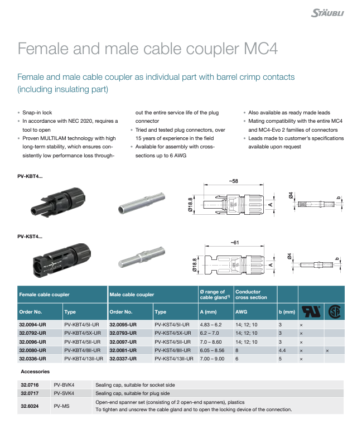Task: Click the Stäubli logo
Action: pyautogui.click(x=327, y=13)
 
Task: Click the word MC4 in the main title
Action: pyautogui.click(x=260, y=49)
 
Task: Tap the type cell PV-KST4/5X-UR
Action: pyautogui.click(x=173, y=333)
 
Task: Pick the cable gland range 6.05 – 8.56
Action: pyautogui.click(x=212, y=350)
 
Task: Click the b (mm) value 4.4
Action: pyautogui.click(x=282, y=350)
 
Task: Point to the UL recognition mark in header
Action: pyautogui.click(x=311, y=311)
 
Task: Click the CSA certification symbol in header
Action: pyautogui.click(x=335, y=311)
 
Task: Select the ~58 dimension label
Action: pyautogui.click(x=234, y=181)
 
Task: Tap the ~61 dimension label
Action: pyautogui.click(x=235, y=243)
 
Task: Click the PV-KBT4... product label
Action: pyautogui.click(x=30, y=176)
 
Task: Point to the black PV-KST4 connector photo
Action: pyautogui.click(x=62, y=260)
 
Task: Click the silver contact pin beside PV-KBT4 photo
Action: pyautogui.click(x=141, y=203)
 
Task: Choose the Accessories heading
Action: pyautogui.click(x=35, y=372)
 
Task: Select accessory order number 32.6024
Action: pyautogui.click(x=30, y=406)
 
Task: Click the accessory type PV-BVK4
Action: pyautogui.click(x=64, y=385)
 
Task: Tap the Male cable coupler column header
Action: pyautogui.click(x=132, y=295)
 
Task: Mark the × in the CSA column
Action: pyautogui.click(x=327, y=351)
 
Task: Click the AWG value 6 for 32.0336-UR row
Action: pyautogui.click(x=237, y=359)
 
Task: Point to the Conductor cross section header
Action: pyautogui.click(x=251, y=295)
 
